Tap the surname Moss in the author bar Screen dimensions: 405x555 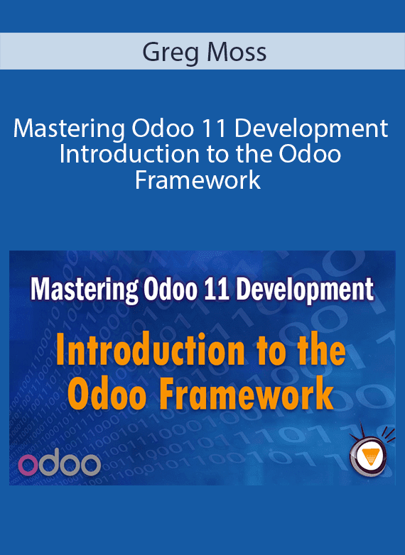[237, 52]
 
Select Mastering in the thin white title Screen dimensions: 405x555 [69, 130]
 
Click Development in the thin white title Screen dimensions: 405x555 [310, 130]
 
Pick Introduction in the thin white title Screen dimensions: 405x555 [129, 154]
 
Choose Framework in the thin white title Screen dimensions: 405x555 [198, 180]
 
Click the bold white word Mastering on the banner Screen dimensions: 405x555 [85, 290]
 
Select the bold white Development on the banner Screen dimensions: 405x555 [305, 289]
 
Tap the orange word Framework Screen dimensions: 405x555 [247, 392]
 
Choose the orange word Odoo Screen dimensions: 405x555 [111, 392]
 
